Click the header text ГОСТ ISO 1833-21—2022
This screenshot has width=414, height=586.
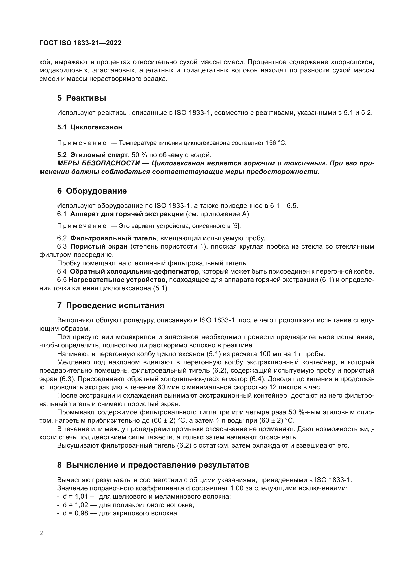coord(80,43)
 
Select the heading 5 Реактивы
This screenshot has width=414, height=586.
coord(82,98)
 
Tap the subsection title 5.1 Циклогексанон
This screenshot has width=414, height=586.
coord(90,127)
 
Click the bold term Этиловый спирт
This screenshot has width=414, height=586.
coord(99,155)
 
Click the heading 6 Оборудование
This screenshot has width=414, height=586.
coord(92,191)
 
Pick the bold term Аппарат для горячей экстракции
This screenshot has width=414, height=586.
coord(127,214)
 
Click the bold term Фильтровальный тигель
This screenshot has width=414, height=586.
coord(113,238)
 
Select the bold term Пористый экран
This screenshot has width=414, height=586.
coord(99,247)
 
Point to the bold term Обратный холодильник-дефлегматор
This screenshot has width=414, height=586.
coord(134,271)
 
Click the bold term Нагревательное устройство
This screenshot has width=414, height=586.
coord(117,280)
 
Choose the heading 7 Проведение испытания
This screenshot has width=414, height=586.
coord(111,305)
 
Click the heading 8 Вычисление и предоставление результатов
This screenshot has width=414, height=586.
coord(153,465)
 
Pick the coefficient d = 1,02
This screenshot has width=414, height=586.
coord(75,505)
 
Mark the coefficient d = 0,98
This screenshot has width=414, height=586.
coord(75,513)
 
